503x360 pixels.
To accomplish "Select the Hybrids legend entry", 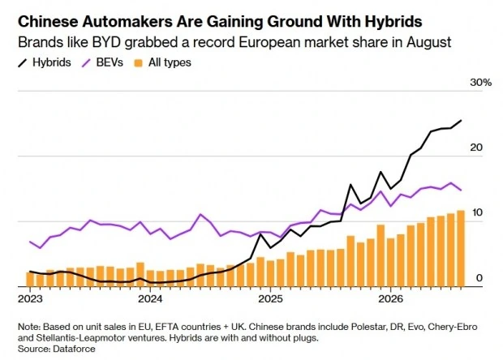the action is [45, 62].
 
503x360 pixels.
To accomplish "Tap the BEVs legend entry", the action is [103, 62].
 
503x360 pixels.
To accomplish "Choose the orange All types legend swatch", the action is [138, 62].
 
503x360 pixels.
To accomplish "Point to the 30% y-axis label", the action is [480, 83].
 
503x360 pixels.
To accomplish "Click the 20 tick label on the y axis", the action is [476, 148].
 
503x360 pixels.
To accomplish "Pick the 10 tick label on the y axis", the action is [477, 212].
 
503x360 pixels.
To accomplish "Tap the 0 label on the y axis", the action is [479, 278].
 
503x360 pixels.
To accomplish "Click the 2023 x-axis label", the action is [30, 299].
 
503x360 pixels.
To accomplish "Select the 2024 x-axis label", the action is [150, 299].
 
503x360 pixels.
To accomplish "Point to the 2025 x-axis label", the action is [270, 299].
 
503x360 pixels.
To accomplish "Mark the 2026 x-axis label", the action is [390, 299].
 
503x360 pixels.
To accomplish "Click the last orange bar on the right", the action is [461, 248].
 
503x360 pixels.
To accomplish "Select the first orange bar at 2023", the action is [30, 280].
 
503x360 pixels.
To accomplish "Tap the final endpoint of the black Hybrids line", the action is [461, 121].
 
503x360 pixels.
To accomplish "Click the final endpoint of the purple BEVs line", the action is [461, 190].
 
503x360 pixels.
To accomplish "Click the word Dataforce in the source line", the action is [74, 349].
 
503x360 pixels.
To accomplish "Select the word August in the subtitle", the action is [429, 43].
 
